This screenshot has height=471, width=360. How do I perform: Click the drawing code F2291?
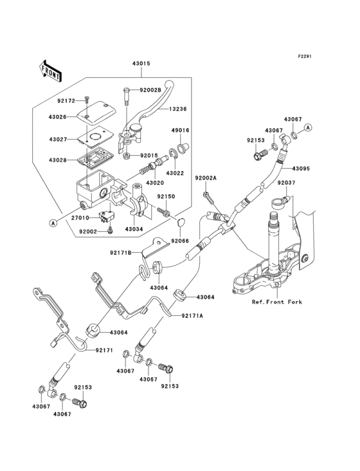[x=304, y=56]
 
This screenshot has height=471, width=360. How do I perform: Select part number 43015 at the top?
[x=141, y=64]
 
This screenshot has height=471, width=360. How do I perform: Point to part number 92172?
[x=66, y=100]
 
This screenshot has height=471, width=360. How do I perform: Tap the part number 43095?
[x=301, y=169]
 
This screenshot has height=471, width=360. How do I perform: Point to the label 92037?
[x=287, y=183]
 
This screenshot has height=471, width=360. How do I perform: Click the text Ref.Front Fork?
[x=277, y=301]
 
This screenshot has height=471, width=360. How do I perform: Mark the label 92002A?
[x=206, y=178]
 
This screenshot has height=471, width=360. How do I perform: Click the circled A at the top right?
[x=308, y=128]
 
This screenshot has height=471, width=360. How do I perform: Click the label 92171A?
[x=192, y=316]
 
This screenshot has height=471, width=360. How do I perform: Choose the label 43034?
[x=134, y=229]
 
